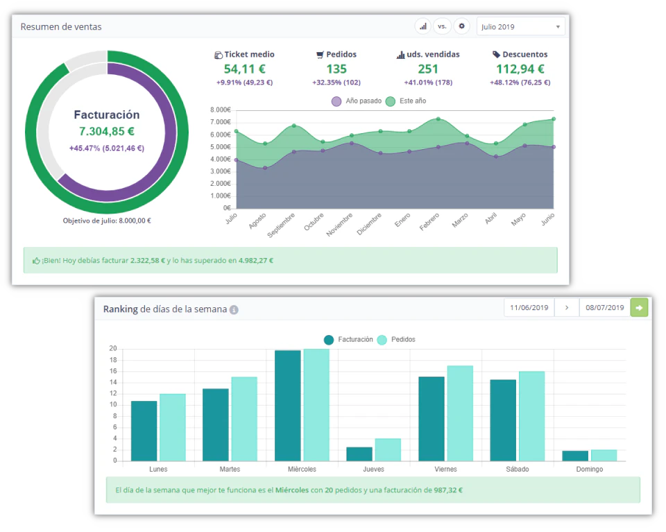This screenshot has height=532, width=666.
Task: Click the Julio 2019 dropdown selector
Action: (520, 27)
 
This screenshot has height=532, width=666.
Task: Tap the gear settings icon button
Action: (461, 26)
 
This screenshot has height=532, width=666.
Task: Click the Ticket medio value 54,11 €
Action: (244, 69)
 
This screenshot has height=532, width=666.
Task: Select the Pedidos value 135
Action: (336, 69)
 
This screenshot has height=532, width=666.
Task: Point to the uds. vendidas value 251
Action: (428, 69)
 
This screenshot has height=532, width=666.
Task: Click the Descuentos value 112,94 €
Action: (520, 69)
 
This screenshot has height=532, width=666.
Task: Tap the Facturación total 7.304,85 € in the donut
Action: (106, 131)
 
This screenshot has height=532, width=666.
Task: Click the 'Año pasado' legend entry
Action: (357, 101)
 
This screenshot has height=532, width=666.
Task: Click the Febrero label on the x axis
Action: (429, 222)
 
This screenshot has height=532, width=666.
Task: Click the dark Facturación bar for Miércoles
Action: (288, 405)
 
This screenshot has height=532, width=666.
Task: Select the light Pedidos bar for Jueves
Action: (388, 449)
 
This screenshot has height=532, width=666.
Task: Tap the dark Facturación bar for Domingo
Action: (575, 456)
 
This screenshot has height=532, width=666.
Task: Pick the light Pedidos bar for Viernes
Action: (459, 413)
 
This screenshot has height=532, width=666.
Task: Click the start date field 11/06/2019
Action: (529, 307)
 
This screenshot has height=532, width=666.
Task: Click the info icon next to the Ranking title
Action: (234, 310)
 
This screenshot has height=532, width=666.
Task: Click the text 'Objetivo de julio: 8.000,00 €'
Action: (107, 221)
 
